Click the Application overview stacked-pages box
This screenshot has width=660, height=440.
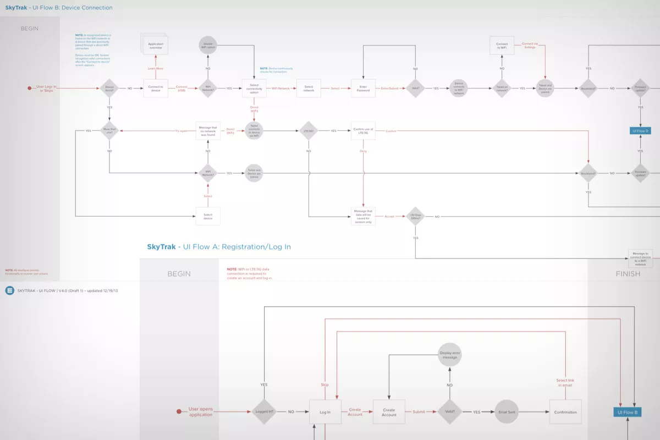click(156, 45)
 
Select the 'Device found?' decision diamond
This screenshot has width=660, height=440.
click(109, 88)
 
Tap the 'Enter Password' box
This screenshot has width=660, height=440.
click(363, 88)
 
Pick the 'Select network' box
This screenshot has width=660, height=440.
click(309, 88)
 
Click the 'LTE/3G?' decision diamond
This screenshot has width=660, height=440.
click(309, 131)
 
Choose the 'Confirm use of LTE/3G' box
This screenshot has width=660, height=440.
click(363, 131)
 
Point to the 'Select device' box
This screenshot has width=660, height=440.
click(208, 216)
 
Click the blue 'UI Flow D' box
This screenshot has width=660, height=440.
click(640, 131)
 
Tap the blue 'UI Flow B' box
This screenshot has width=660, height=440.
click(628, 412)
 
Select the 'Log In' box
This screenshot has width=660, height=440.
click(325, 412)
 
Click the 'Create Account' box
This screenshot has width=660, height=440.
click(389, 412)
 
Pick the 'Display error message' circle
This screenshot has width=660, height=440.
click(449, 355)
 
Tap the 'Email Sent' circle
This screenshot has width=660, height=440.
click(507, 412)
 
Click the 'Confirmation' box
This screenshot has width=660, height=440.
click(565, 412)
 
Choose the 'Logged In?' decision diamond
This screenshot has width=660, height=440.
click(264, 412)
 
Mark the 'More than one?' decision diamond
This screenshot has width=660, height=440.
click(109, 131)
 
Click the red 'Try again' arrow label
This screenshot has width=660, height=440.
click(182, 131)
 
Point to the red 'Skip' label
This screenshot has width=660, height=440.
click(324, 385)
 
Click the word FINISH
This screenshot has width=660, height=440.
click(628, 273)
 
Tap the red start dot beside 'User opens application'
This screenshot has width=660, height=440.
click(179, 411)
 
